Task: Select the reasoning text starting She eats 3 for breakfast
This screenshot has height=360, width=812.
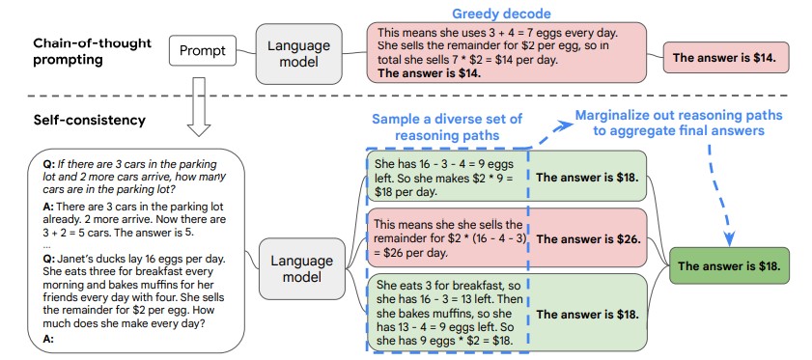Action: click(446, 313)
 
